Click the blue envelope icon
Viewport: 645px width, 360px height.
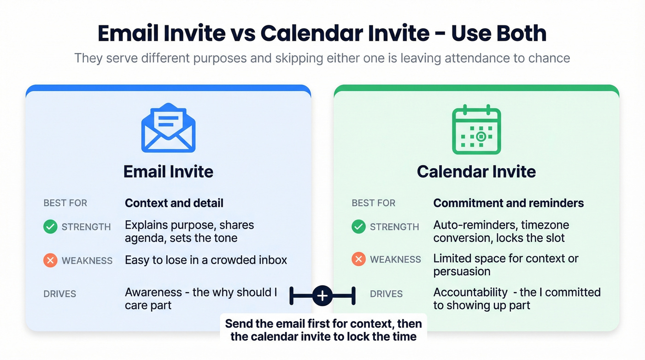pyautogui.click(x=168, y=128)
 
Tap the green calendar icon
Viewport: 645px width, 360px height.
pyautogui.click(x=476, y=130)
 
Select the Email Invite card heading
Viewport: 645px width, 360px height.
pyautogui.click(x=168, y=172)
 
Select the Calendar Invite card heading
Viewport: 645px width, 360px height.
pyautogui.click(x=476, y=172)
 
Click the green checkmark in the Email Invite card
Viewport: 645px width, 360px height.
pyautogui.click(x=50, y=227)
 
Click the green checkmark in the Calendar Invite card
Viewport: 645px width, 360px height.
pyautogui.click(x=358, y=227)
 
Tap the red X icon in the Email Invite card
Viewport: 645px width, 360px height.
pyautogui.click(x=50, y=260)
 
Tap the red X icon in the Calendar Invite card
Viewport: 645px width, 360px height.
pyautogui.click(x=358, y=260)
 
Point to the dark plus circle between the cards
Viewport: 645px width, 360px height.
pyautogui.click(x=322, y=295)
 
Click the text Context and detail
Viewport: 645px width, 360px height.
pyautogui.click(x=174, y=203)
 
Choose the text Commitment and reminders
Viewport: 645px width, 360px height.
pyautogui.click(x=509, y=203)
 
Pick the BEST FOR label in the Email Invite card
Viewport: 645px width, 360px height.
pyautogui.click(x=65, y=203)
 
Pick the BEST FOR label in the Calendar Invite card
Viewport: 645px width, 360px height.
pyautogui.click(x=373, y=203)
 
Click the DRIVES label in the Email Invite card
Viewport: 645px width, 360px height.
pyautogui.click(x=60, y=294)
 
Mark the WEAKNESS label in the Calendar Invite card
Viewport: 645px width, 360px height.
pyautogui.click(x=396, y=260)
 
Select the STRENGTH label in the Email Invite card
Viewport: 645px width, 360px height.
pyautogui.click(x=86, y=227)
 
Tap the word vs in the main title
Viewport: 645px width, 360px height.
pyautogui.click(x=242, y=34)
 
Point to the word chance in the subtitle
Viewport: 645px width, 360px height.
pyautogui.click(x=547, y=59)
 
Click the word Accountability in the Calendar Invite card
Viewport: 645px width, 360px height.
pyautogui.click(x=470, y=292)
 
